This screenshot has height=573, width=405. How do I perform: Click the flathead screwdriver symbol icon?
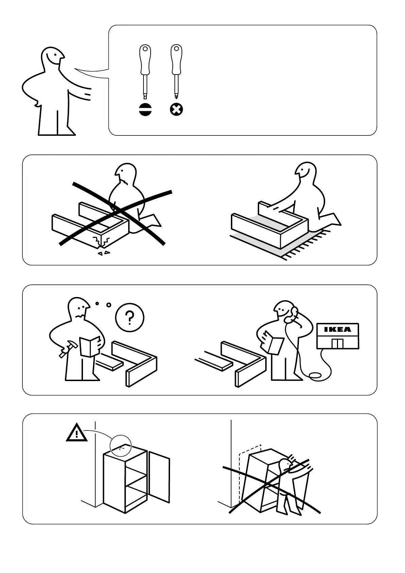(146, 110)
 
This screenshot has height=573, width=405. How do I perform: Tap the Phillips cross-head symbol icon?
(176, 110)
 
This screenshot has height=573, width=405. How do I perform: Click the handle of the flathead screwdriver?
(145, 60)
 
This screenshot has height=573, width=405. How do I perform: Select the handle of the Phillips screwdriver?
(176, 60)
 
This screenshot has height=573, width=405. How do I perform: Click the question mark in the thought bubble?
(130, 317)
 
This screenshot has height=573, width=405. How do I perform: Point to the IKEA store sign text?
(337, 329)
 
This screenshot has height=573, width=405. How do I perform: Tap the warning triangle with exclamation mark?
(77, 433)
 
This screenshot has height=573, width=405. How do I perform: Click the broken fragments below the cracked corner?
(104, 253)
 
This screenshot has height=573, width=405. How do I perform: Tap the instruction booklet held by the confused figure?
(89, 346)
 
